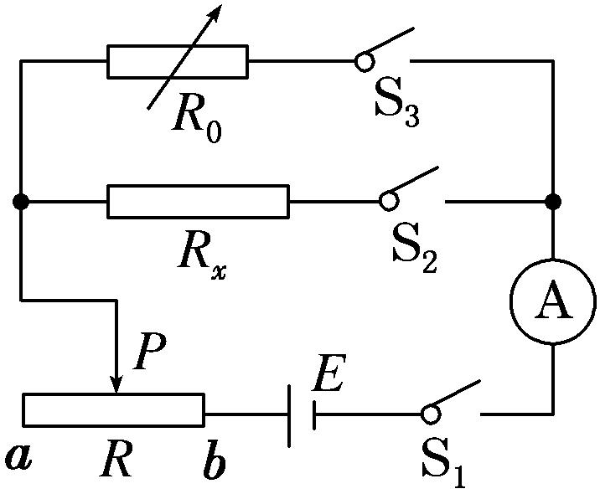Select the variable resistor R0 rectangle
(x=178, y=62)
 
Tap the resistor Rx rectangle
(x=198, y=202)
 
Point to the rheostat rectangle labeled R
(x=113, y=409)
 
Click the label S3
(x=396, y=109)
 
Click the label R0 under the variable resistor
(x=198, y=121)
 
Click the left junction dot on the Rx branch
(x=22, y=202)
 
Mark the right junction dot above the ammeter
(x=552, y=202)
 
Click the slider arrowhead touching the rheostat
(x=116, y=384)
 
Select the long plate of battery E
(x=289, y=414)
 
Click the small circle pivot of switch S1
(x=430, y=414)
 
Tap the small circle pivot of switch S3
(x=363, y=61)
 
